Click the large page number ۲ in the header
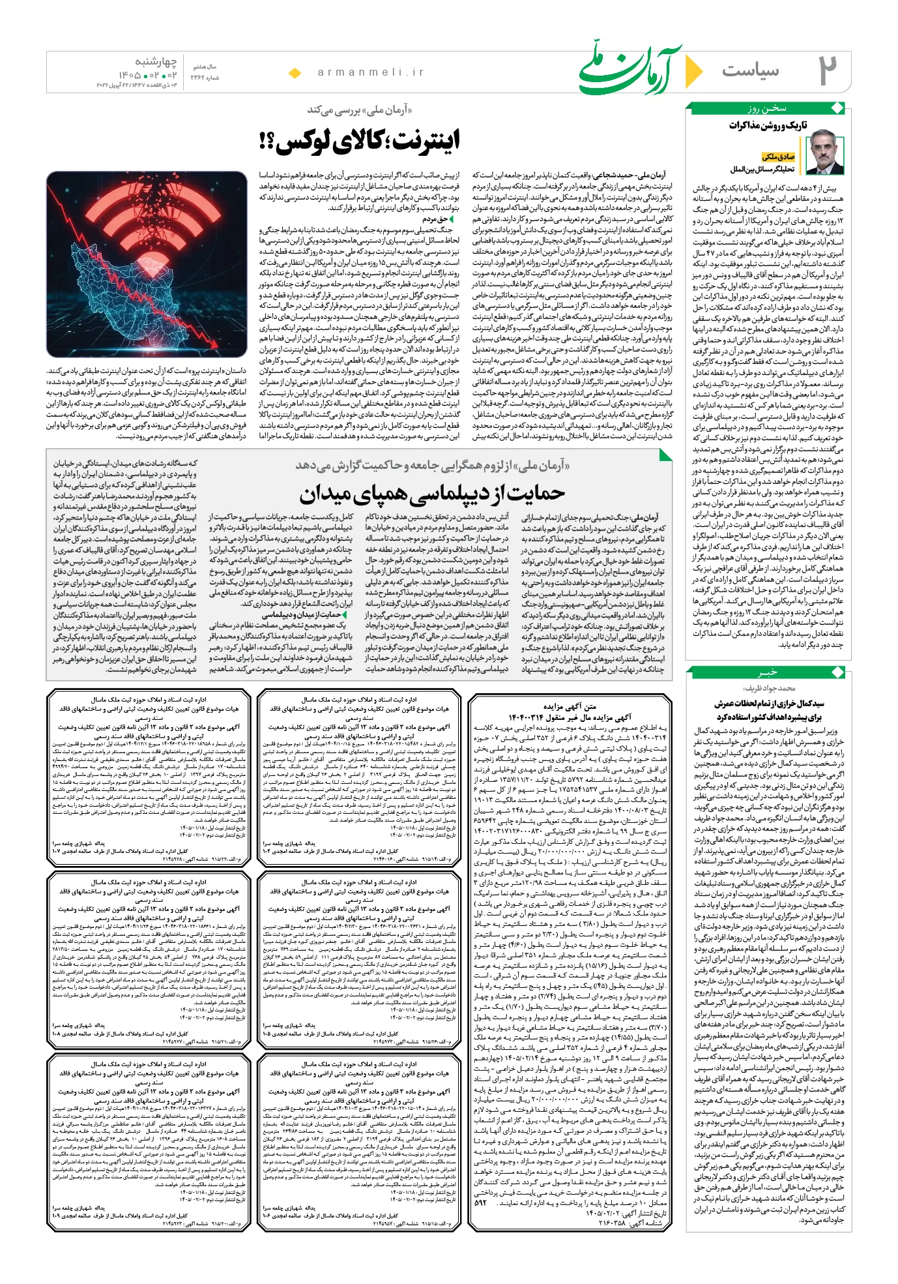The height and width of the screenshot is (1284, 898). pyautogui.click(x=828, y=70)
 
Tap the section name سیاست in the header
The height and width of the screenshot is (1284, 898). pyautogui.click(x=750, y=70)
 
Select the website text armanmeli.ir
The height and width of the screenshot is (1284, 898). pyautogui.click(x=371, y=72)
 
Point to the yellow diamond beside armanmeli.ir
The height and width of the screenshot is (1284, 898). pyautogui.click(x=295, y=73)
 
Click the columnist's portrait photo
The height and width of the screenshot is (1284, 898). pyautogui.click(x=825, y=152)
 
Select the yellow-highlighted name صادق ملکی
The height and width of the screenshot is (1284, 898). pyautogui.click(x=778, y=157)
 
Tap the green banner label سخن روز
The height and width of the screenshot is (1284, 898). pyautogui.click(x=767, y=108)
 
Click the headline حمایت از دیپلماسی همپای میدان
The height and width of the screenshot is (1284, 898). pyautogui.click(x=432, y=493)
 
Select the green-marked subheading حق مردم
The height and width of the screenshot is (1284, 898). pyautogui.click(x=435, y=219)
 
